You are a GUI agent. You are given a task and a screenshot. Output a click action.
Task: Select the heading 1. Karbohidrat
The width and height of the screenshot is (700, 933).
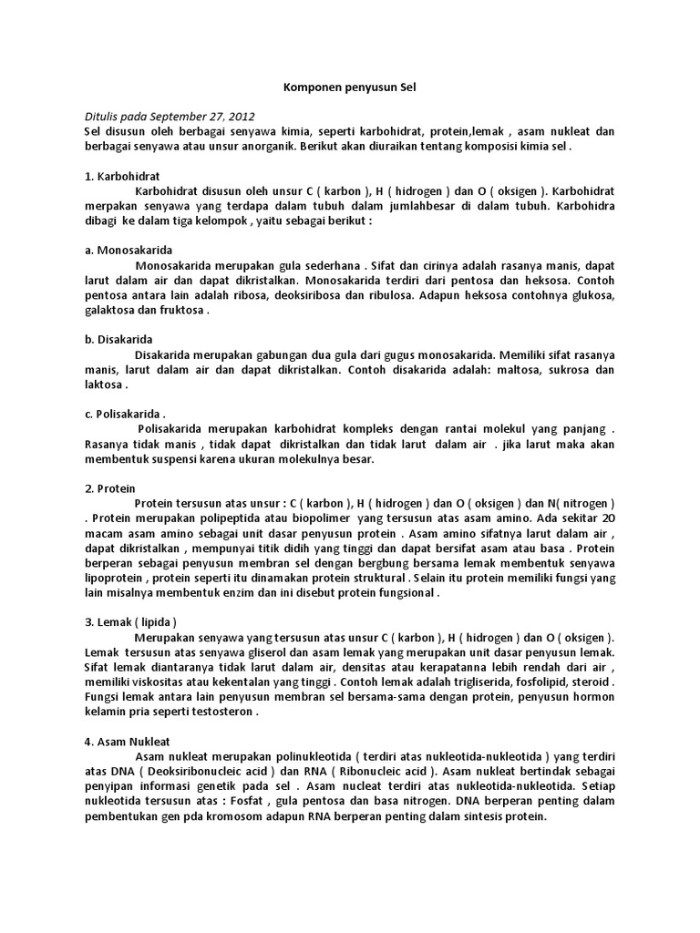(122, 175)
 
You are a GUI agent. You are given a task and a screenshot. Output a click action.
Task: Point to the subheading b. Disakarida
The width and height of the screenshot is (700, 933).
(118, 339)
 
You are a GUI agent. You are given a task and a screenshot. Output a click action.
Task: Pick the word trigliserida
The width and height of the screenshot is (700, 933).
(478, 682)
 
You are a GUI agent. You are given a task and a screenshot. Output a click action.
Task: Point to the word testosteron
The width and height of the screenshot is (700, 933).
(224, 712)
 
